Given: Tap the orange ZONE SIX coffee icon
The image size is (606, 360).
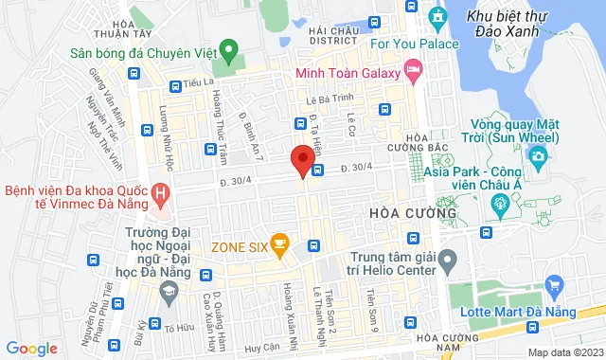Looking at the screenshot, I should tap(278, 244).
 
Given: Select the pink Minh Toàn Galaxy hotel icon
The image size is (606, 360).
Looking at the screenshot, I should tap(412, 70).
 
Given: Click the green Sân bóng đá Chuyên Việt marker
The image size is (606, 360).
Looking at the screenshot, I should tap(227, 48).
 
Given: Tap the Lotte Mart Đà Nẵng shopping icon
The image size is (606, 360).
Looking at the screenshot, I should tap(555, 284).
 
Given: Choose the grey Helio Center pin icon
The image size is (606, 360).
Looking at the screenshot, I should tap(449, 258).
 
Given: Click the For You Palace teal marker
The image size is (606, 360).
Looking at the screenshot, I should tap(437, 18).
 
